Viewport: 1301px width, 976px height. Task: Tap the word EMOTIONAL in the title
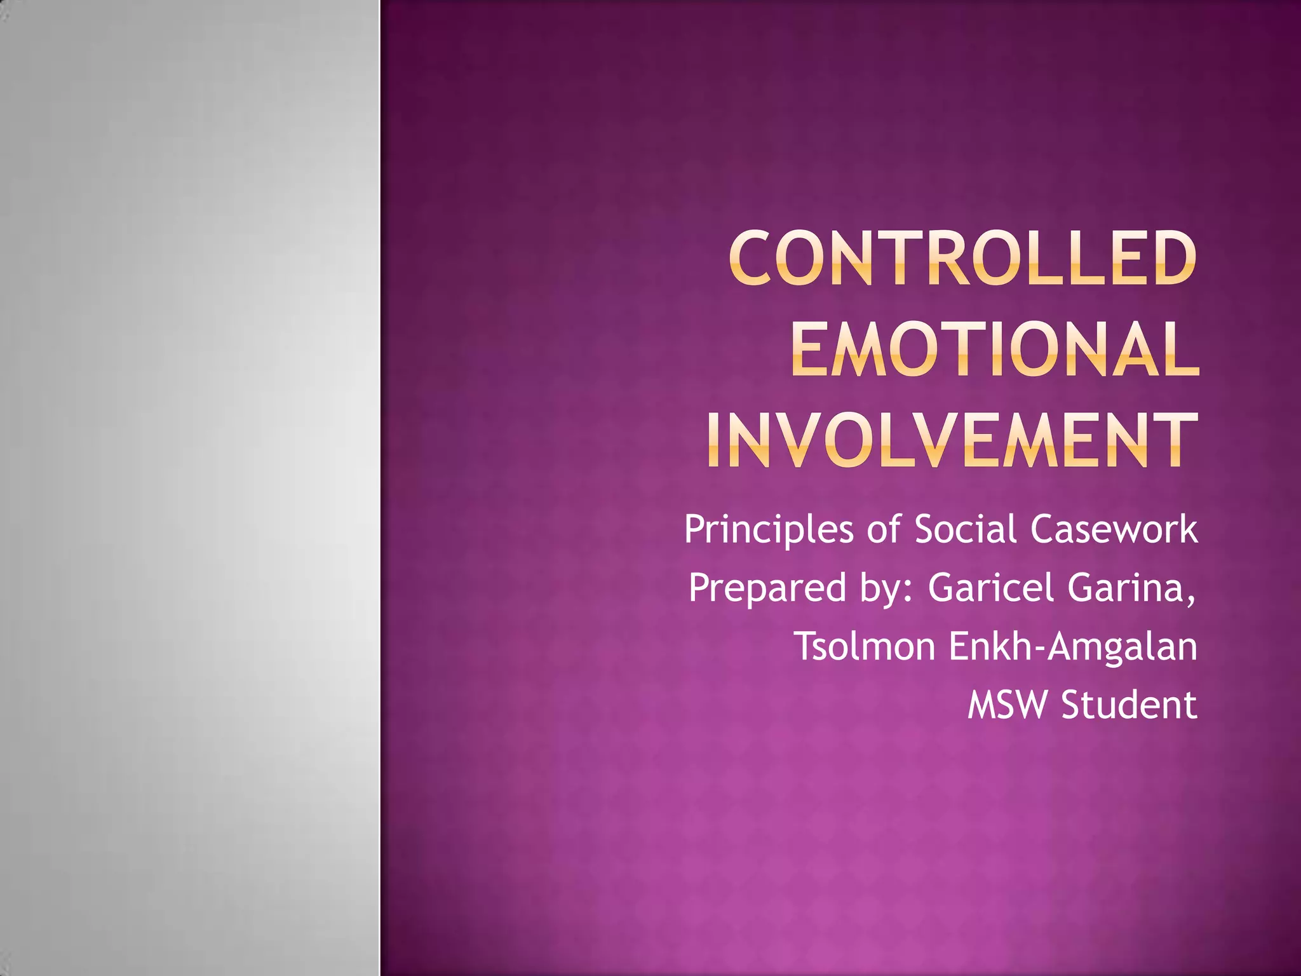pos(995,349)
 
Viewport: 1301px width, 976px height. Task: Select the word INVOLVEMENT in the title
pos(952,440)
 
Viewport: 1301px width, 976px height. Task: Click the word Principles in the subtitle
pos(769,530)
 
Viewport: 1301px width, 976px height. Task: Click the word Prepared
pos(767,588)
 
